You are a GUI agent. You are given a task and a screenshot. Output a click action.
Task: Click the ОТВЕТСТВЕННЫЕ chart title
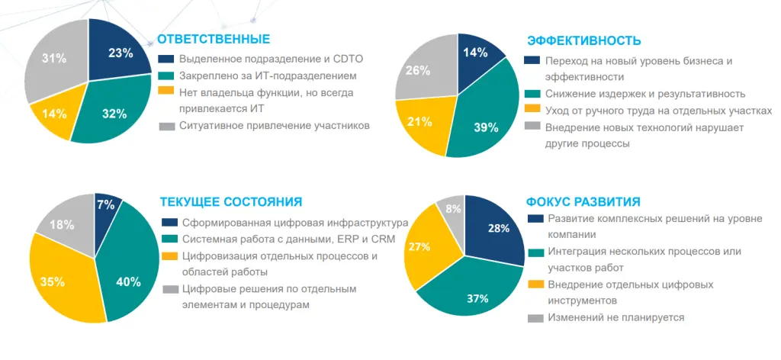[214, 39]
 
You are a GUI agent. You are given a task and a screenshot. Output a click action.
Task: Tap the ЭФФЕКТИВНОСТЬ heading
[584, 41]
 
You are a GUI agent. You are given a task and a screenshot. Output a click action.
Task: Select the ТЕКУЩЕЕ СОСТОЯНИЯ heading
[231, 202]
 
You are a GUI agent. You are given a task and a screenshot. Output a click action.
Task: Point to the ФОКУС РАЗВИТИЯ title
[583, 202]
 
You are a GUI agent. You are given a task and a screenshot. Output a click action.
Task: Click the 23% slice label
[121, 53]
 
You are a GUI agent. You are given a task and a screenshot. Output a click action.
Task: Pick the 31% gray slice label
[54, 59]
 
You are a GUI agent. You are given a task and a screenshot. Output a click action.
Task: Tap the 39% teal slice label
[486, 127]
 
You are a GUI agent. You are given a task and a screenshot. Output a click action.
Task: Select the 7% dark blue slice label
[106, 204]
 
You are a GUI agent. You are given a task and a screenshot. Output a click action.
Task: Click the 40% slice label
[128, 281]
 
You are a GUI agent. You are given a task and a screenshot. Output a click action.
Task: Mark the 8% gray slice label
[453, 209]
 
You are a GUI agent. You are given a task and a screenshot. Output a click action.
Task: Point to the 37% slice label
[477, 298]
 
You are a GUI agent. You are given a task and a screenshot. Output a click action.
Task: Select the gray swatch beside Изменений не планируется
[535, 318]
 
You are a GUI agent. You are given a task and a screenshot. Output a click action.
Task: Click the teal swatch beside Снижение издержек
[532, 94]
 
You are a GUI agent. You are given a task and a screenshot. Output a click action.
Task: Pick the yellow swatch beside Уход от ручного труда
[532, 111]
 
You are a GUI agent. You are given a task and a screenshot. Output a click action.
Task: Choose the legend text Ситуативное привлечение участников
[274, 125]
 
